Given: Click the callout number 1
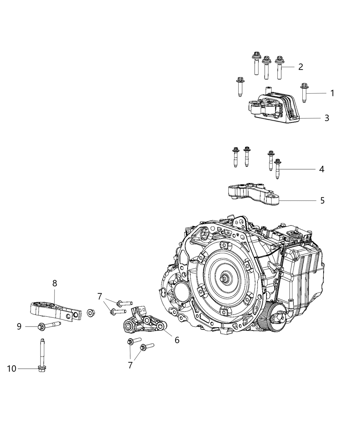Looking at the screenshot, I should pyautogui.click(x=332, y=93).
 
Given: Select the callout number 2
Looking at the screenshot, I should pyautogui.click(x=300, y=66).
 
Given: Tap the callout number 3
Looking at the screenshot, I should pyautogui.click(x=327, y=118).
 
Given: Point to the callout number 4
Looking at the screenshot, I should pyautogui.click(x=321, y=169).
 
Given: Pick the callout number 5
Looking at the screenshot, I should pyautogui.click(x=322, y=200).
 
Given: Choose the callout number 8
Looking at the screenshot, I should pyautogui.click(x=55, y=283).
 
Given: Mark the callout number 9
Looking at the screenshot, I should pyautogui.click(x=19, y=327).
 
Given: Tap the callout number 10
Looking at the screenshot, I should pyautogui.click(x=12, y=368).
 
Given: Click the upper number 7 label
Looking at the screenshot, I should pyautogui.click(x=100, y=296).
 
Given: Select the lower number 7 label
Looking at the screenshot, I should pyautogui.click(x=130, y=365).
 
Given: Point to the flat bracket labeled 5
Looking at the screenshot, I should pyautogui.click(x=254, y=194).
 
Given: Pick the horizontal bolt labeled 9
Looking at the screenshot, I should pyautogui.click(x=48, y=325).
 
